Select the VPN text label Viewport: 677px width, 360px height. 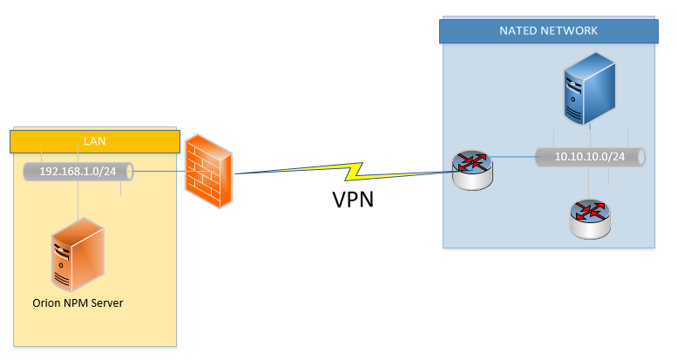click(x=352, y=200)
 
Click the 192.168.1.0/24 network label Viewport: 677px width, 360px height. click(x=78, y=171)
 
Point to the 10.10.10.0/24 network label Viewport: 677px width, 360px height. click(x=590, y=158)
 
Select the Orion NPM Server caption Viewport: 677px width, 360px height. click(x=78, y=302)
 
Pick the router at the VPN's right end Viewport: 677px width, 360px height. click(x=471, y=169)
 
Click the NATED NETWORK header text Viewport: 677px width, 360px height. click(x=548, y=31)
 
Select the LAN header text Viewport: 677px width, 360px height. click(x=94, y=140)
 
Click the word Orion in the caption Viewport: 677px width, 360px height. click(x=43, y=302)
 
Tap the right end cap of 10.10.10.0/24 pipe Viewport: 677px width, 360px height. click(x=642, y=158)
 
